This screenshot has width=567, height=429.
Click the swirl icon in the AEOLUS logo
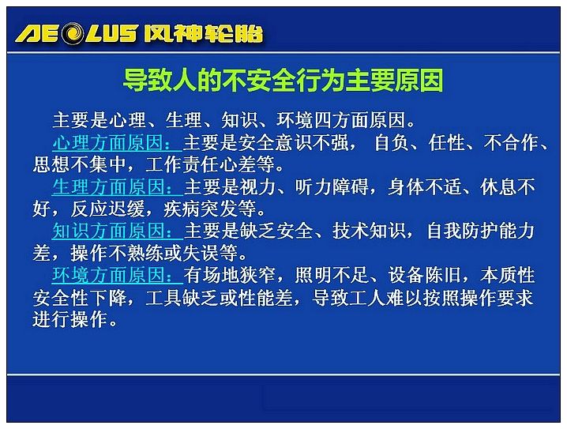coord(73,33)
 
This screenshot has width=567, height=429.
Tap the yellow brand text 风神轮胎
coord(203,34)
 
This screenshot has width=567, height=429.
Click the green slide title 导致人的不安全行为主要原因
coord(283,81)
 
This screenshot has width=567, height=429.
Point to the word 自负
coord(391,142)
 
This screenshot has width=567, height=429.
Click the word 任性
coord(447,142)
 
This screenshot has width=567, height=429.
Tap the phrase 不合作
coord(511,142)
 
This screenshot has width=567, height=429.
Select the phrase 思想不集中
coord(79,165)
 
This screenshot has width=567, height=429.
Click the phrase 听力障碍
coord(332,187)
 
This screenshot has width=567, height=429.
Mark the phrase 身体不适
coord(424,187)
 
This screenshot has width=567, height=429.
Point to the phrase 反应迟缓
coord(107,209)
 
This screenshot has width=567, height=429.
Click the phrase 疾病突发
coord(200,209)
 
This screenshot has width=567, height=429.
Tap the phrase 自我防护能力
coord(480,231)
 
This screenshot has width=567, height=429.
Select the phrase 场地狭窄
coord(239,275)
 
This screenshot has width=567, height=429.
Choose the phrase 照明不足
coord(332,275)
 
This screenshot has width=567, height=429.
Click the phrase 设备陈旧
coord(424,275)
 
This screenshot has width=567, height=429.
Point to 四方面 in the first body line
coord(341,120)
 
